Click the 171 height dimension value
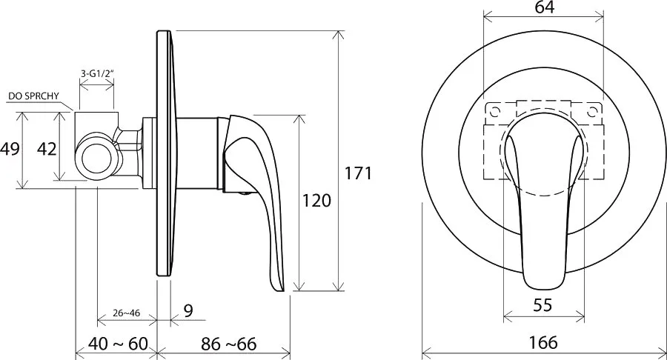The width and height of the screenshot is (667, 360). (358, 173)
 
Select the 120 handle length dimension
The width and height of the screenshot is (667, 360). (316, 200)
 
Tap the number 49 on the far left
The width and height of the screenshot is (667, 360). (10, 149)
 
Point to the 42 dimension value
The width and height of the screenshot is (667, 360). (47, 149)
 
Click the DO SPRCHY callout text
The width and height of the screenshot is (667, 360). (33, 96)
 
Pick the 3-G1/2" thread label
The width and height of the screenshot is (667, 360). (97, 73)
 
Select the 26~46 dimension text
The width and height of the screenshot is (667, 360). (126, 313)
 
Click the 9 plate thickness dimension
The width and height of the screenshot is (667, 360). (188, 310)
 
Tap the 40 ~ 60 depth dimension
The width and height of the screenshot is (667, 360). (118, 344)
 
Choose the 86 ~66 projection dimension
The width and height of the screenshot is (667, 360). (229, 344)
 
